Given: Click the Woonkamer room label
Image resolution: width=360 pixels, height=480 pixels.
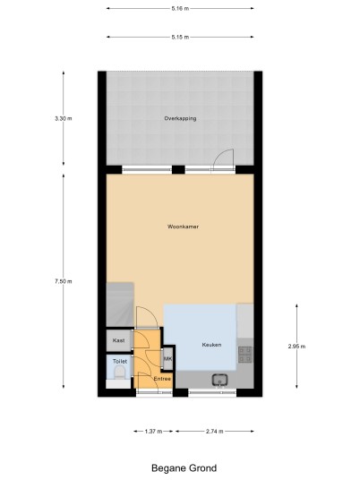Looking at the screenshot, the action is tap(183, 227).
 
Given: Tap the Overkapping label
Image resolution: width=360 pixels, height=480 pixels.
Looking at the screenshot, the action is tap(180, 118).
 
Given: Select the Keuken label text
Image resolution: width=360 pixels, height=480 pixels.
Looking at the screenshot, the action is tap(211, 345).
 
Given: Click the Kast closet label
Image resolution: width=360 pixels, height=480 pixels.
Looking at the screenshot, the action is tap(118, 340).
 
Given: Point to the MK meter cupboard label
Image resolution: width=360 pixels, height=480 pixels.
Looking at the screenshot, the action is tap(167, 359).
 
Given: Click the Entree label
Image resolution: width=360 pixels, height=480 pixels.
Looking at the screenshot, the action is tap(162, 379).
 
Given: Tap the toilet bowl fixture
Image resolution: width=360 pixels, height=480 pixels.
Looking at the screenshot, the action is tap(119, 373).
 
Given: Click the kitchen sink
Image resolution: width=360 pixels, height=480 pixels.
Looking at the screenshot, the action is tap(219, 380).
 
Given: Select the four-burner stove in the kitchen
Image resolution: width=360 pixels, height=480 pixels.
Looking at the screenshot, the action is tap(245, 355).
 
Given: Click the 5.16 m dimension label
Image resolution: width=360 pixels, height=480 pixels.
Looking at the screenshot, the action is tap(180, 9).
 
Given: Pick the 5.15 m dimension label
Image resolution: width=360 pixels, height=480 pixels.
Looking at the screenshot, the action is tap(180, 37).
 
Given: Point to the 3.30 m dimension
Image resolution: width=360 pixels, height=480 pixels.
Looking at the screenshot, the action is tap(64, 118).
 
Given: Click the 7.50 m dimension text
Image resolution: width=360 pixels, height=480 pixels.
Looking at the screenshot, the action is tap(64, 281).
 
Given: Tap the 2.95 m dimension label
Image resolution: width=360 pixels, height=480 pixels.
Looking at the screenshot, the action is tap(296, 347).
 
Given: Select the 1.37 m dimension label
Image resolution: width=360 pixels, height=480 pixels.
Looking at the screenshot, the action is tap(153, 432).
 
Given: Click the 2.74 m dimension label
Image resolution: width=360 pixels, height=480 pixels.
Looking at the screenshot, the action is tap(215, 432).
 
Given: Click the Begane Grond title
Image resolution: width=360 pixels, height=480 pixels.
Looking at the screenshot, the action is tap(184, 468).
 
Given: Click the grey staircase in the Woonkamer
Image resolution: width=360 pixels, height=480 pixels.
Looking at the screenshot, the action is tap(120, 304).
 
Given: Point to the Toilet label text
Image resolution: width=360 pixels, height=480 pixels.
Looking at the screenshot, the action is tap(120, 361).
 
